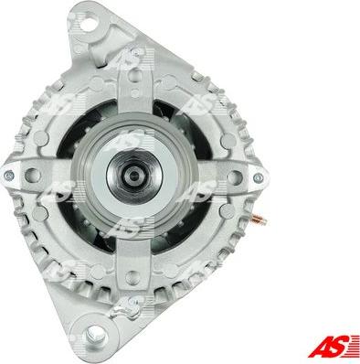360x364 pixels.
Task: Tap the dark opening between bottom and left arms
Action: click(x=78, y=224)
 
